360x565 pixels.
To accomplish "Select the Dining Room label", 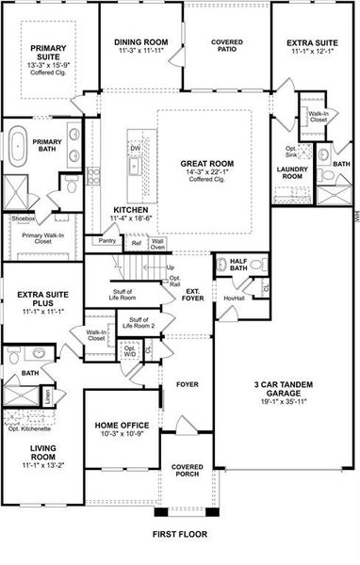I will [140, 42].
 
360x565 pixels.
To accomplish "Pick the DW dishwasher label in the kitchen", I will [135, 149].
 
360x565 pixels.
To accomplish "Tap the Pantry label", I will [106, 240].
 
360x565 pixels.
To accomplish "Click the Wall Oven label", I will [157, 244].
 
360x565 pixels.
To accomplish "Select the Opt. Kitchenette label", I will [29, 430].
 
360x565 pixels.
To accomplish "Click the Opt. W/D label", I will [130, 351].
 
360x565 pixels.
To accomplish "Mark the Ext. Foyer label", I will [194, 295].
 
